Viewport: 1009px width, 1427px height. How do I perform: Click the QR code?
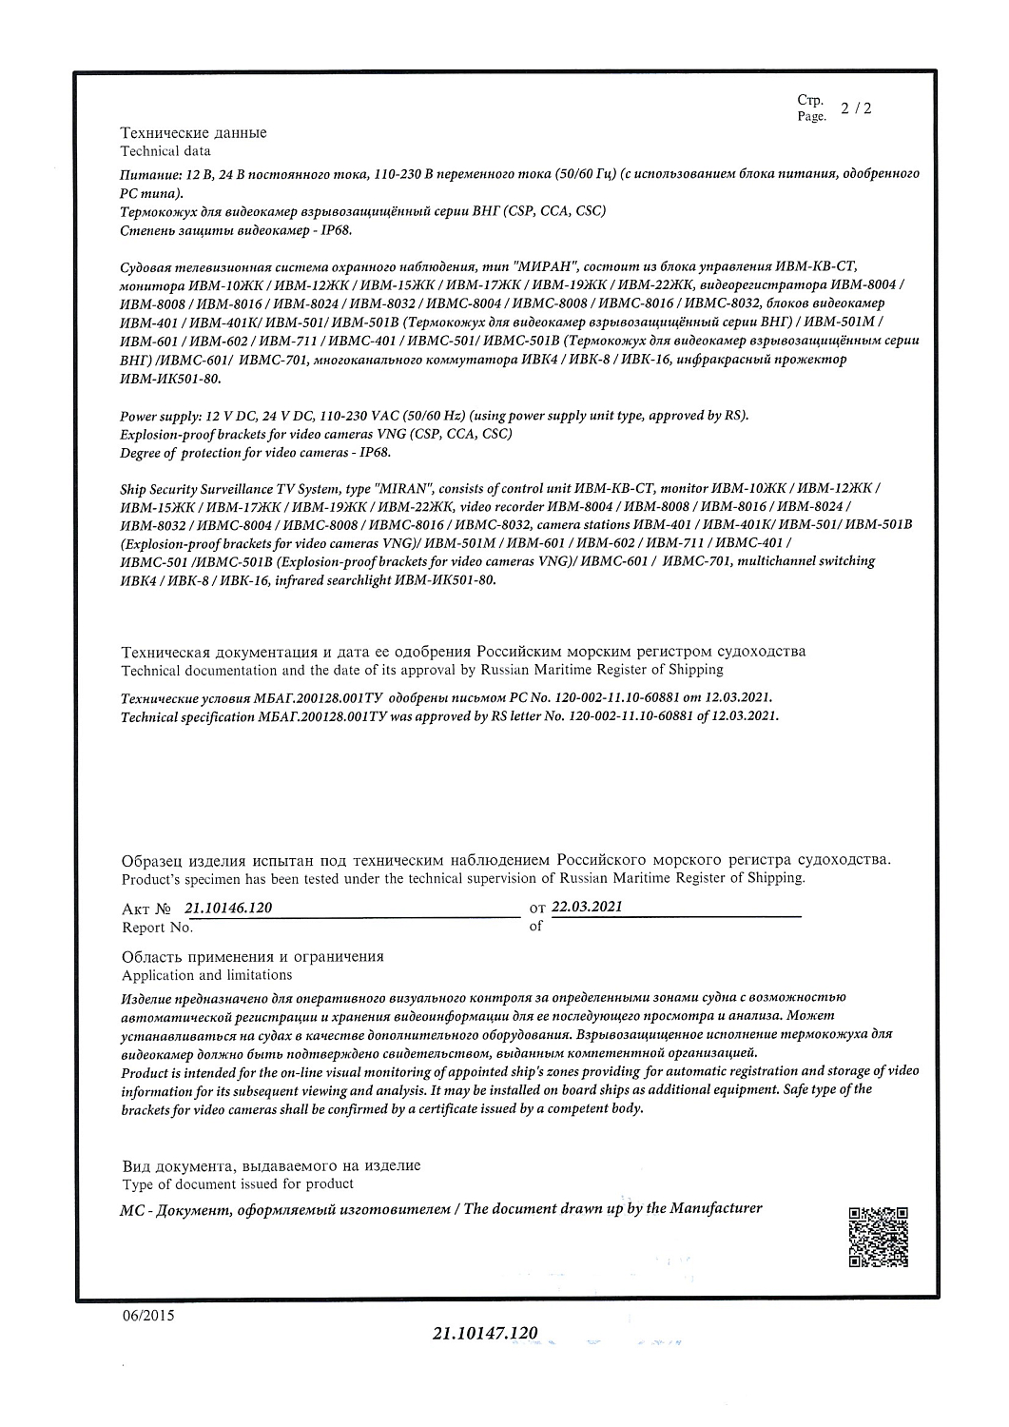(878, 1237)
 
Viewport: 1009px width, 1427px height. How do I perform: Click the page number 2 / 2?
(856, 108)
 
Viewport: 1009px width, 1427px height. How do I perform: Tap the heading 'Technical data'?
(165, 151)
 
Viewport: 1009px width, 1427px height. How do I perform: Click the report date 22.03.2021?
(587, 907)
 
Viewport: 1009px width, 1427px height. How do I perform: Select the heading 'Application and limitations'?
(206, 975)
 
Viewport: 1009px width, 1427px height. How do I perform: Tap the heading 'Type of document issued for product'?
(238, 1184)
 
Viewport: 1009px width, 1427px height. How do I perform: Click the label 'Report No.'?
(157, 928)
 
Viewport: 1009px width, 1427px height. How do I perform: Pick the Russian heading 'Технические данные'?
(193, 133)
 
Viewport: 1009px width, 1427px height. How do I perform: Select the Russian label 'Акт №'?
(146, 909)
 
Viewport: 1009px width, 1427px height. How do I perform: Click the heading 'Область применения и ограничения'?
(252, 957)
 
